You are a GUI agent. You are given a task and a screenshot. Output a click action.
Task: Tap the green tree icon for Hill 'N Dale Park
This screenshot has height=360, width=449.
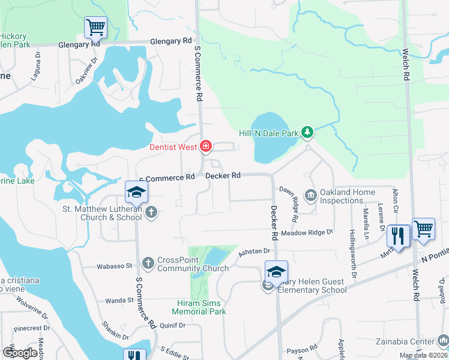pos(307,131)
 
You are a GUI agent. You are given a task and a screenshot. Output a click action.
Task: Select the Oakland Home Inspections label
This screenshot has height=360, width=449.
pos(348,196)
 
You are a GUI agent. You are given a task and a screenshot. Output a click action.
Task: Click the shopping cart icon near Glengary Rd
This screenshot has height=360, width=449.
pos(95,27)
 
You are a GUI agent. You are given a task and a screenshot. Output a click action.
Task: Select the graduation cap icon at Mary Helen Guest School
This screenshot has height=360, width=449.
pos(276,272)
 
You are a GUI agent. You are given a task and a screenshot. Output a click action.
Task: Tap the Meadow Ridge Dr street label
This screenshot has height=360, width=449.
pos(307,232)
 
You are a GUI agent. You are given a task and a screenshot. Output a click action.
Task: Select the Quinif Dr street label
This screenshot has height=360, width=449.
pos(173,325)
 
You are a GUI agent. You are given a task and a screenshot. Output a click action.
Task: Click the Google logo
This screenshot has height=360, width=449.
pos(20,353)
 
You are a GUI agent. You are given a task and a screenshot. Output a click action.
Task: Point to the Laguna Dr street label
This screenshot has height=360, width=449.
pos(35,70)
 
